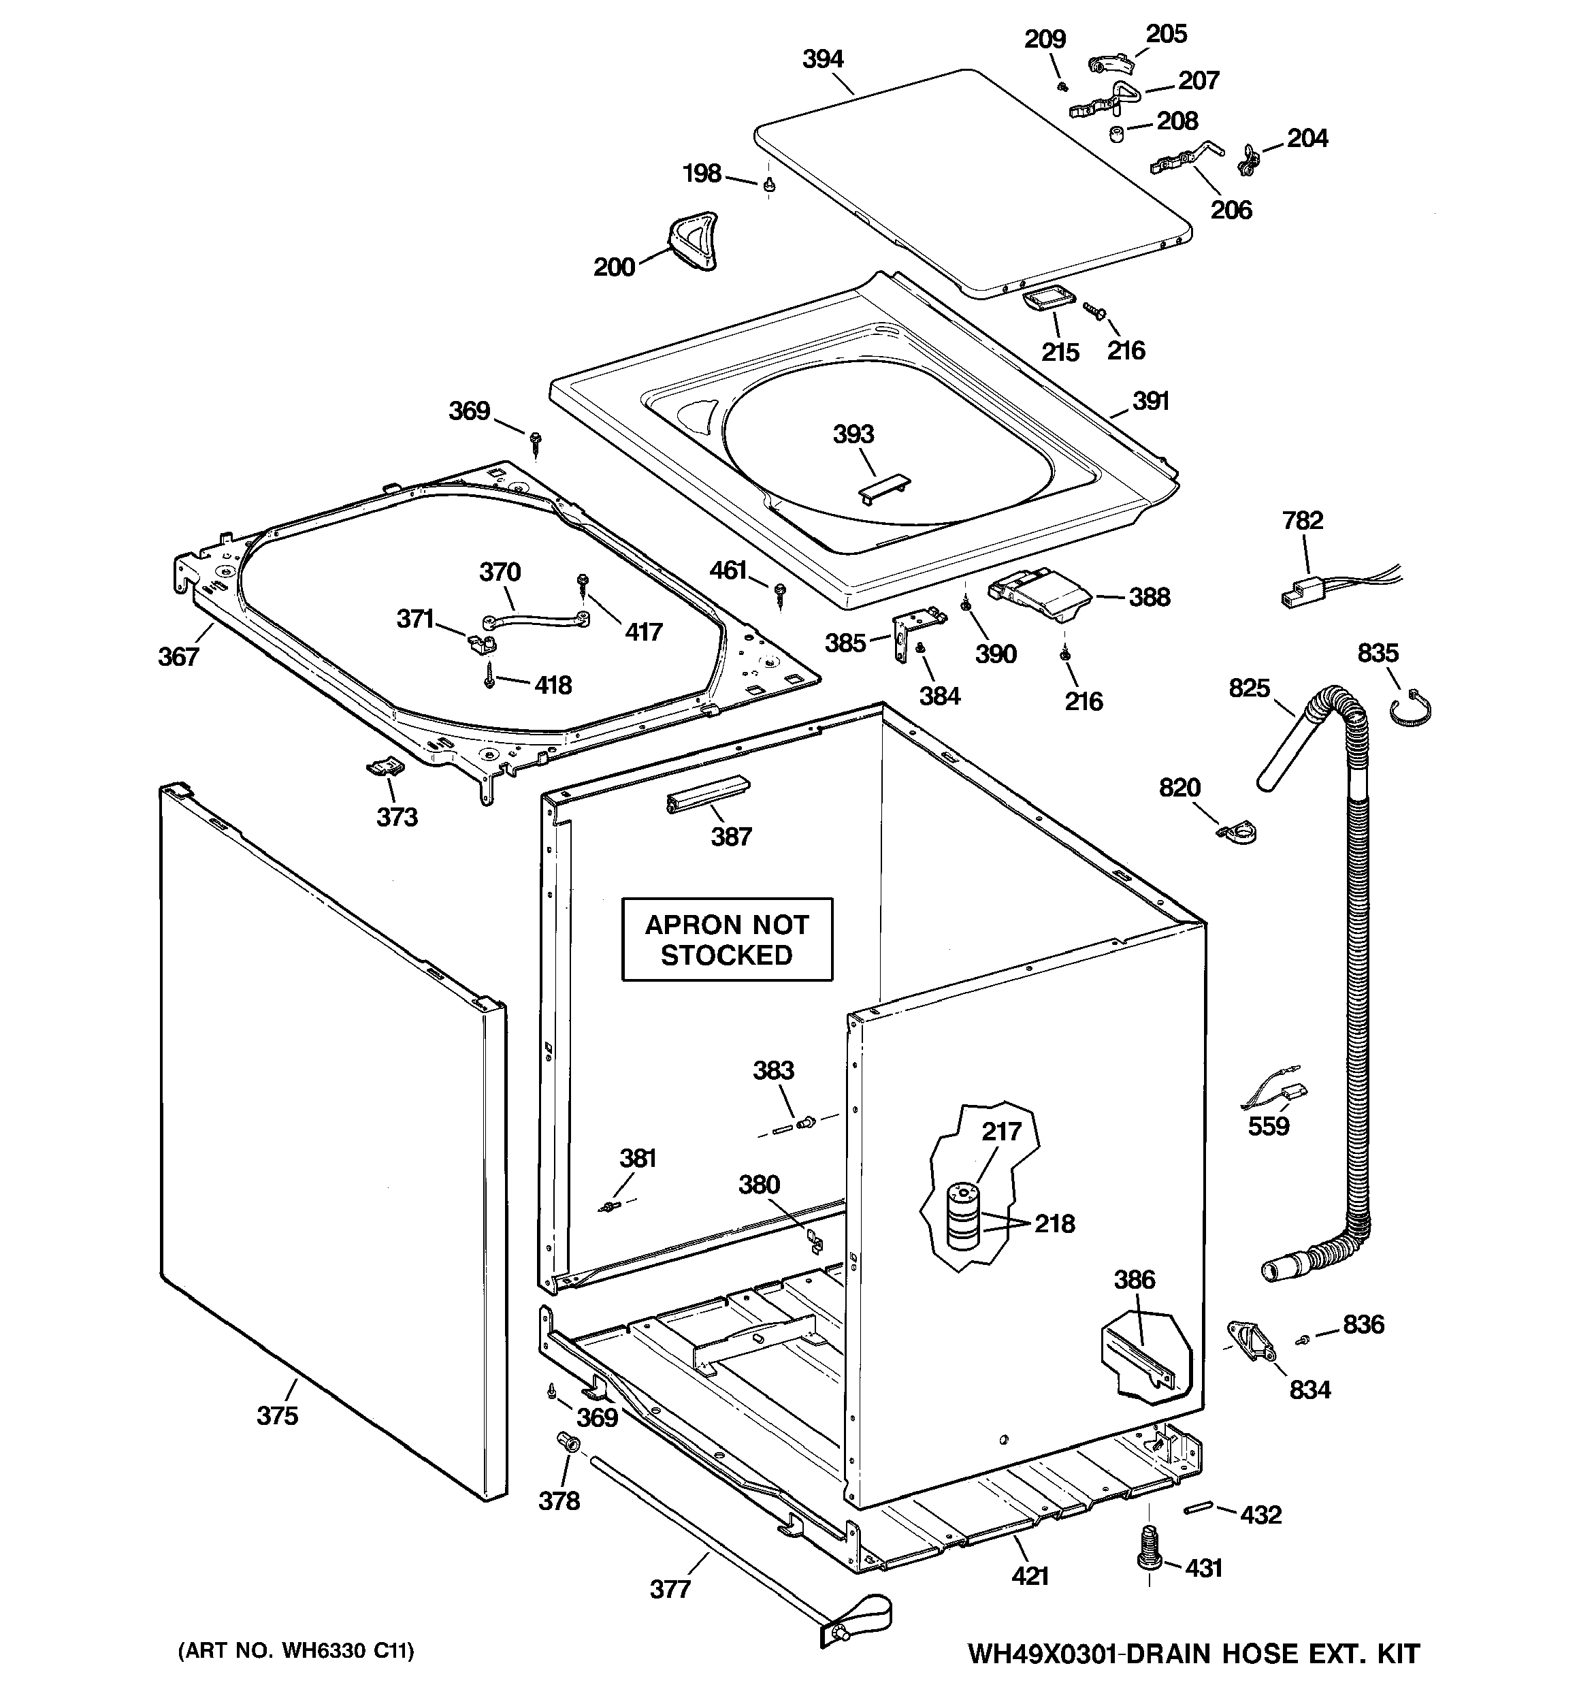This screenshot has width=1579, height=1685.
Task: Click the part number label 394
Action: pos(822,59)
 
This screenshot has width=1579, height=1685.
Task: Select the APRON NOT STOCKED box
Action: pos(727,939)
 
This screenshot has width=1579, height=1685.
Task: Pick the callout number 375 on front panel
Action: pos(277,1415)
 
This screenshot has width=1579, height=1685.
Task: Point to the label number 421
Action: pos(1030,1575)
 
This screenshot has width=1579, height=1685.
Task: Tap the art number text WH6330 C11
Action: pos(296,1650)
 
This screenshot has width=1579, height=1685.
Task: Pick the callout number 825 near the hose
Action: pos(1250,688)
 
